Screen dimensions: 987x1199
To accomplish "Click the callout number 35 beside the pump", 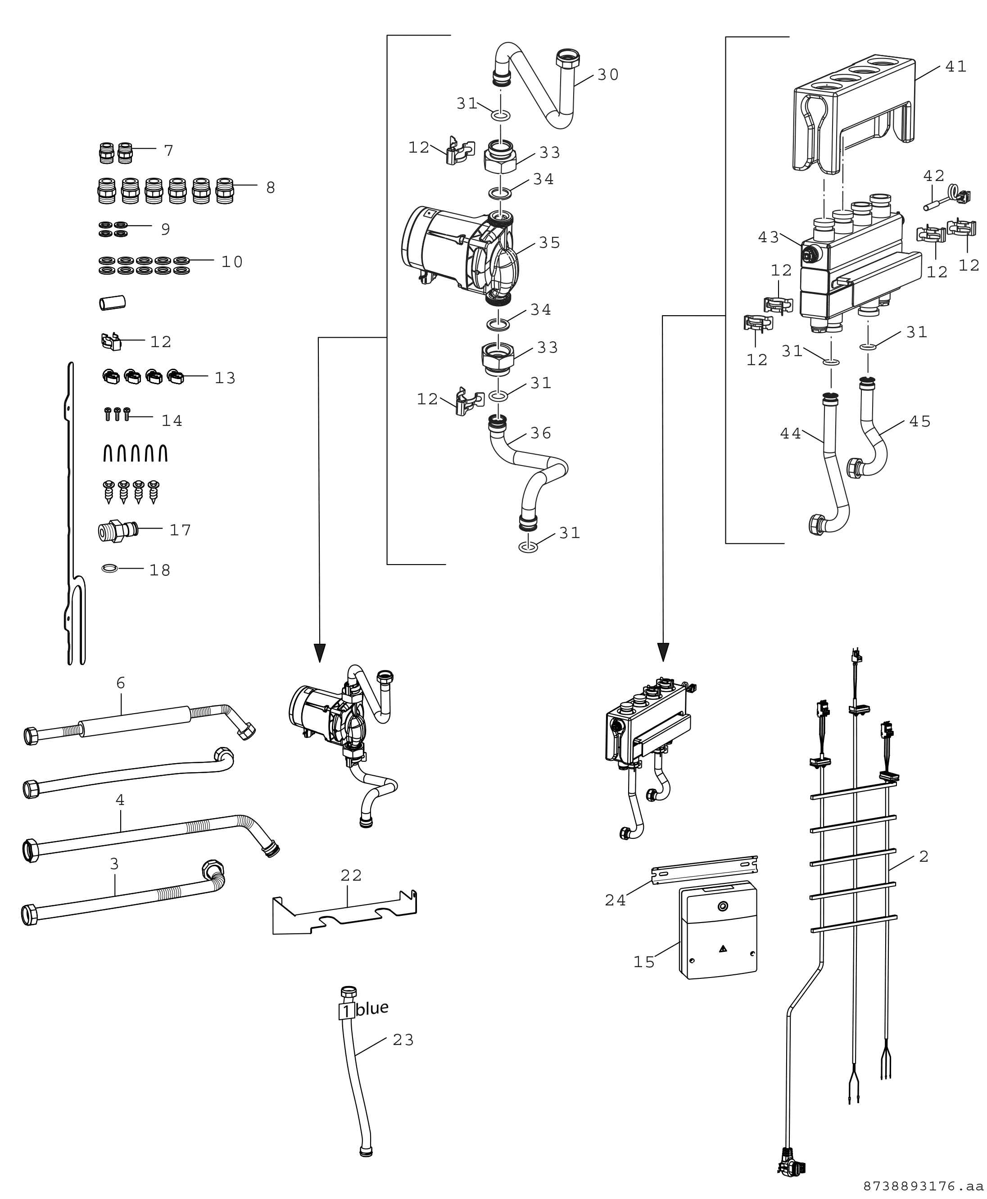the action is [x=549, y=243].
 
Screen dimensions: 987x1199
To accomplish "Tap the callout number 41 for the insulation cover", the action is [x=956, y=67].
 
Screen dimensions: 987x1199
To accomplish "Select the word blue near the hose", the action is [x=373, y=1008].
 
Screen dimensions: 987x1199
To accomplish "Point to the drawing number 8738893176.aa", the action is [x=924, y=1186].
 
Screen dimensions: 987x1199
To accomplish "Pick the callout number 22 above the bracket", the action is [x=351, y=876].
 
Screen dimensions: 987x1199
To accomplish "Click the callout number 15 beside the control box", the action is [x=644, y=962].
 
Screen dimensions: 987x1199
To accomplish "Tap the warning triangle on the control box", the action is [x=723, y=948].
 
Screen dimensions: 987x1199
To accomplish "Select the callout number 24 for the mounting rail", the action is [x=615, y=900].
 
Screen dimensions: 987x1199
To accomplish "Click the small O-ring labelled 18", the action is [x=110, y=567].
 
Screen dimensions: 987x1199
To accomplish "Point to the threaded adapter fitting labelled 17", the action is [x=118, y=531].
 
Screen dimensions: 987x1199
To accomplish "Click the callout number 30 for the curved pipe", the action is [x=608, y=74].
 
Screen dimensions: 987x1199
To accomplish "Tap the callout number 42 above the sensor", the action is [x=933, y=176].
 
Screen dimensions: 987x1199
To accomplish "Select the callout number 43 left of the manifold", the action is [x=769, y=237].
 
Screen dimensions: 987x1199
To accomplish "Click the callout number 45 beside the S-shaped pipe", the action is [x=920, y=421].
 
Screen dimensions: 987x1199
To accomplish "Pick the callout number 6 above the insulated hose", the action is [x=121, y=683].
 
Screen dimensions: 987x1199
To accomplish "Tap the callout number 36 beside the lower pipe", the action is [x=541, y=433].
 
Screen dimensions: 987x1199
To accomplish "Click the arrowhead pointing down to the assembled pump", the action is [x=320, y=653].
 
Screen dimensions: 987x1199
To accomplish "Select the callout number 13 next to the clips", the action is [x=225, y=378].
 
